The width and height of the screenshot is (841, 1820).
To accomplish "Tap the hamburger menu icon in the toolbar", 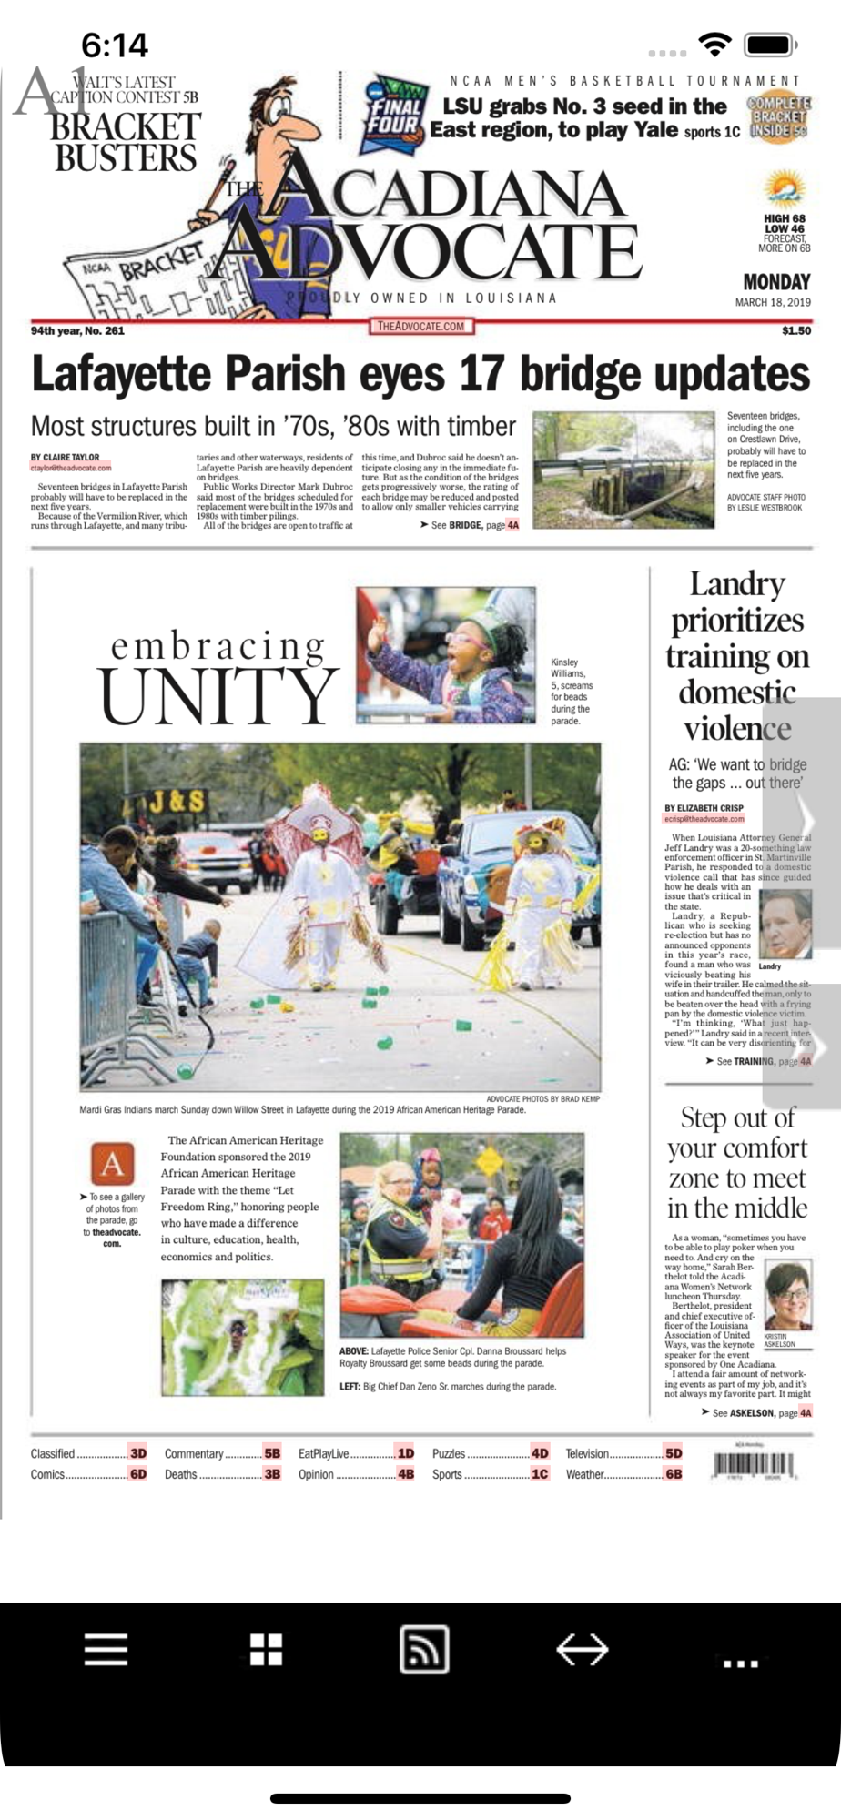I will (x=106, y=1648).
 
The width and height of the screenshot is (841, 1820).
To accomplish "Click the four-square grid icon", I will (x=266, y=1648).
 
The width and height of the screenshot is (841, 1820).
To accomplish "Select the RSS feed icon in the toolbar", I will (x=424, y=1648).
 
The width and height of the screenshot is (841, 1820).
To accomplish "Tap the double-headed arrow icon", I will (x=583, y=1648).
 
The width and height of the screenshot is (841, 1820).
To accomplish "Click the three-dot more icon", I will (x=740, y=1663).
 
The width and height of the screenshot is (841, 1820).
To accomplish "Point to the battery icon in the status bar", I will (x=770, y=45).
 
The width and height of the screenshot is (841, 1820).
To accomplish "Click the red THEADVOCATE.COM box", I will (x=421, y=326).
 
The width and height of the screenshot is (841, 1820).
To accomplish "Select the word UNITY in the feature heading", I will (x=218, y=697).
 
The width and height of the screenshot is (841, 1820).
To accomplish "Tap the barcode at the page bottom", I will (x=755, y=1464).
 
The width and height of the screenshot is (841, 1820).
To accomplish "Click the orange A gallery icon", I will (x=112, y=1164).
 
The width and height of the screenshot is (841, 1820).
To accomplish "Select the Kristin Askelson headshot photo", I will (x=787, y=1296).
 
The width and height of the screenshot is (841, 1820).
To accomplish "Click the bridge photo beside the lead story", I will (x=623, y=470).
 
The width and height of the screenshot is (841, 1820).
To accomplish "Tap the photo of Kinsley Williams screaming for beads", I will (x=446, y=655).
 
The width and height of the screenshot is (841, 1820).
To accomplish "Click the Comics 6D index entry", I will (x=88, y=1474).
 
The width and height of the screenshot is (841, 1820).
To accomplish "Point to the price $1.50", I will (x=795, y=330).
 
